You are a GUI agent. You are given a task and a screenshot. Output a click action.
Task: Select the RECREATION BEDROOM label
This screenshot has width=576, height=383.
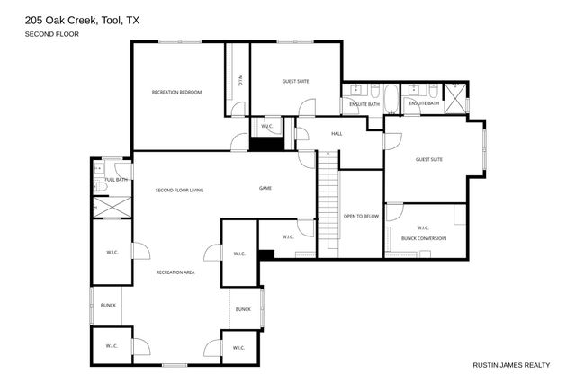pos(176,93)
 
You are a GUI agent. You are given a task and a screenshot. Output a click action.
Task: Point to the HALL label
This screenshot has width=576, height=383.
pos(337,133)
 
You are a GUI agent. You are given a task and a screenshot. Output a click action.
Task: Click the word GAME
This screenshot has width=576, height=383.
pos(265,188)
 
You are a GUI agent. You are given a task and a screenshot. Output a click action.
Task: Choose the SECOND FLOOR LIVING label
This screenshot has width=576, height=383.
pos(179,190)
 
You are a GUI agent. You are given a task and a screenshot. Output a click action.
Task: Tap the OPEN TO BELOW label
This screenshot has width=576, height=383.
pos(362,217)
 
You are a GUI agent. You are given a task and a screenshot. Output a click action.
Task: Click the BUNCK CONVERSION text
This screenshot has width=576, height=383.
pos(424,237)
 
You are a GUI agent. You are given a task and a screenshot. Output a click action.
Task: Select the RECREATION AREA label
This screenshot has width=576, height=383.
pos(175,272)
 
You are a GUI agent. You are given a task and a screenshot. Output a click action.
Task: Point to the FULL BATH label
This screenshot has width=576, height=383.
pos(115,180)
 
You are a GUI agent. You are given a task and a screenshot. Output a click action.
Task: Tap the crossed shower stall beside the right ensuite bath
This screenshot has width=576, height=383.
pos(456,97)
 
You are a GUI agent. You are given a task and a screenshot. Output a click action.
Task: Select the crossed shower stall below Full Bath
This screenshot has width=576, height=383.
pos(112,206)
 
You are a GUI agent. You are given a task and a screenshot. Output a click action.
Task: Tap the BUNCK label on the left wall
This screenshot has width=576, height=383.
pos(108,305)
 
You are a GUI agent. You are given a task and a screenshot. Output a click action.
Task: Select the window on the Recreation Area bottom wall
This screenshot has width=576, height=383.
pos(175,365)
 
